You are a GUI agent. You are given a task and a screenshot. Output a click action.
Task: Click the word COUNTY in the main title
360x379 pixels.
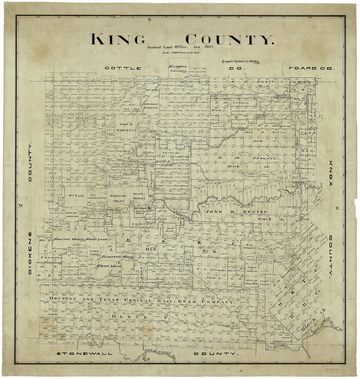pyautogui.click(x=229, y=40)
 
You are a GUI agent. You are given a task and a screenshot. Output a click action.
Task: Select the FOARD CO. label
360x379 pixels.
pyautogui.click(x=312, y=68)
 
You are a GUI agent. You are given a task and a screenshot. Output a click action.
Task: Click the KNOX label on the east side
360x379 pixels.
pyautogui.click(x=332, y=174)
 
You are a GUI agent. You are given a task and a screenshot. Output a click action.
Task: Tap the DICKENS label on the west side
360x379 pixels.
pyautogui.click(x=30, y=252)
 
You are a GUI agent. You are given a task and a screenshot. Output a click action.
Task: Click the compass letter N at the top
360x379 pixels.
pyautogui.click(x=150, y=20)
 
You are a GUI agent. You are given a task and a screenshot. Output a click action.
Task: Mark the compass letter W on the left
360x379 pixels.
pyautogui.click(x=21, y=206)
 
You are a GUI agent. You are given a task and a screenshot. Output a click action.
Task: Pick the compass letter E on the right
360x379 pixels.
pyautogui.click(x=338, y=208)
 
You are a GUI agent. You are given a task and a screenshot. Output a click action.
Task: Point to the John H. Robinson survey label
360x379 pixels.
pyautogui.click(x=127, y=127)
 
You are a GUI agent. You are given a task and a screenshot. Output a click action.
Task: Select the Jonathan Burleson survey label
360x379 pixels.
pyautogui.click(x=150, y=106)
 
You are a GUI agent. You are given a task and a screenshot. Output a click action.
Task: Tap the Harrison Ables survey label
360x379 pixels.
pyautogui.click(x=117, y=198)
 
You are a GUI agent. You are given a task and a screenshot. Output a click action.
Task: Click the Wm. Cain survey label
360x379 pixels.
pyautogui.click(x=75, y=195)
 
